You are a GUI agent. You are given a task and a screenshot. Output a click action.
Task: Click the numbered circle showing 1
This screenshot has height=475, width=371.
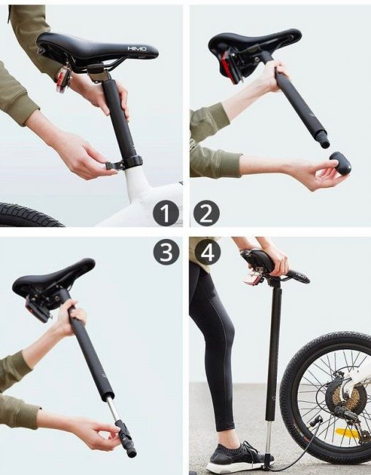click(165, 213)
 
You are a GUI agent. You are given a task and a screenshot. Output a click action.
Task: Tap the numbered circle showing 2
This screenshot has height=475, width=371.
click(206, 213)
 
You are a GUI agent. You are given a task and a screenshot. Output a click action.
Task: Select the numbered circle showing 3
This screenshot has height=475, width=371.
click(165, 252)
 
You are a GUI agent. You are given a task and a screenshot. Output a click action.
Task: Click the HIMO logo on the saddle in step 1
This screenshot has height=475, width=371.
click(137, 48)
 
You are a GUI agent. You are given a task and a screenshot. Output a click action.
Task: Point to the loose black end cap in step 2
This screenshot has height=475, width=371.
click(340, 161)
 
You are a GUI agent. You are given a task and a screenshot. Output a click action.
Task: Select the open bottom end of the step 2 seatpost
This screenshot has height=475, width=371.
click(325, 143)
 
